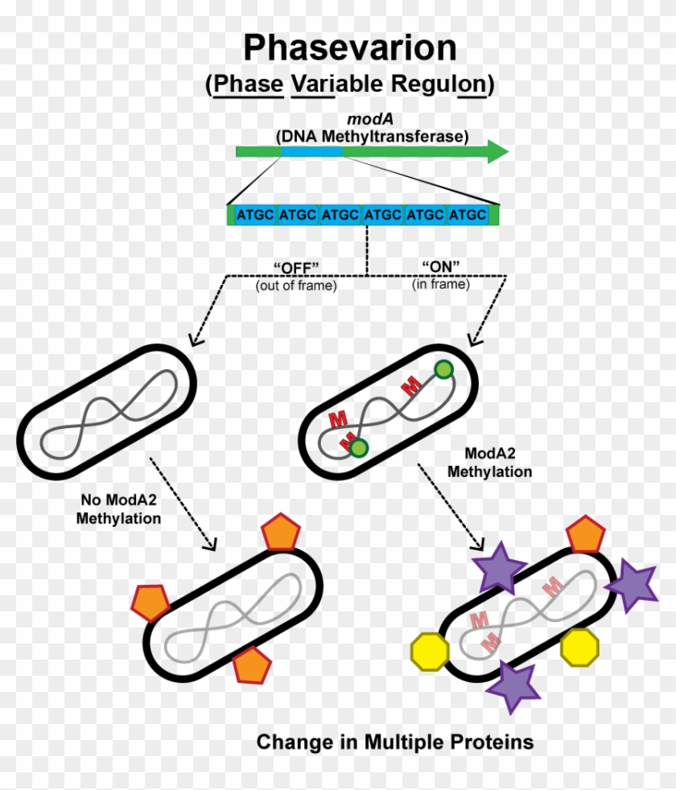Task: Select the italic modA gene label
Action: tap(372, 118)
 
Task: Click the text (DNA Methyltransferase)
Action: tap(372, 136)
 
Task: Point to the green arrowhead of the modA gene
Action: tap(497, 151)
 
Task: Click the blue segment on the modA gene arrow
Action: tap(311, 151)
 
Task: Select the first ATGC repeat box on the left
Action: tap(253, 215)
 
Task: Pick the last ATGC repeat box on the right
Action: tap(467, 215)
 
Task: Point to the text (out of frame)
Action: tap(296, 285)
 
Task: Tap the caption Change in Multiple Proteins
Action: tap(394, 742)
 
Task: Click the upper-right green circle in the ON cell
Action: tap(443, 369)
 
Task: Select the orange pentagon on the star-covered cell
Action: tap(585, 535)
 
